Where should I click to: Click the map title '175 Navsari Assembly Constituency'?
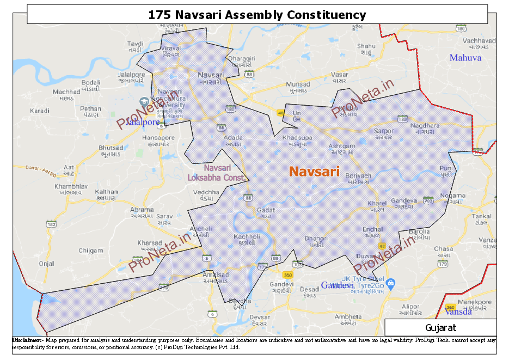pos(257,15)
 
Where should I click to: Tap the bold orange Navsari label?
pos(314,172)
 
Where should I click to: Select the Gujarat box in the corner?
pos(440,327)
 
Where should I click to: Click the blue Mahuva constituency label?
pos(465,57)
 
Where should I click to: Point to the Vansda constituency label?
pos(458,312)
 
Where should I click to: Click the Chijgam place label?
pos(90,251)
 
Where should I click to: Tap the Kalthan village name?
pos(106,192)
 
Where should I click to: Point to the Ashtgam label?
pos(341,147)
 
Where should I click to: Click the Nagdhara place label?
pos(425,126)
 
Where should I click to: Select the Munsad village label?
pos(298,84)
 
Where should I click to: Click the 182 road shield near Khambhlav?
pos(52,224)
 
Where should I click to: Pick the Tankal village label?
pos(482,216)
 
